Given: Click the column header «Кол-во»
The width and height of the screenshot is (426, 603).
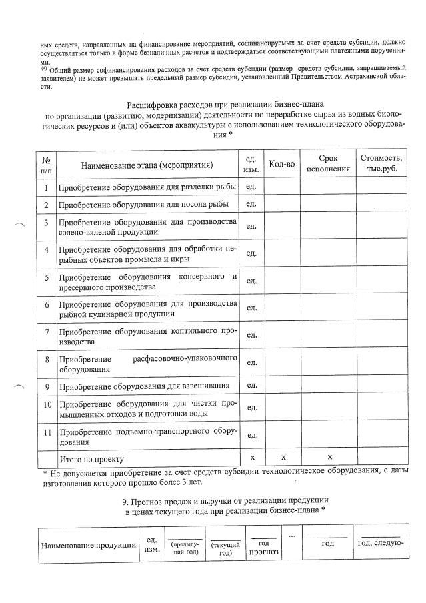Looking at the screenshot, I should (x=282, y=164).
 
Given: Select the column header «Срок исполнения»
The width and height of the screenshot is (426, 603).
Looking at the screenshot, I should (x=327, y=164).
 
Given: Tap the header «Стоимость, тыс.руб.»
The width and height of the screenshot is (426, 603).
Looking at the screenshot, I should (x=381, y=164).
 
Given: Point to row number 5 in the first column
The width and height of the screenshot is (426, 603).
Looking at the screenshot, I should (x=47, y=278).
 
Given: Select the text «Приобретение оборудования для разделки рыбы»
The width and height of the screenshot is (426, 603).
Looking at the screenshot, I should (x=144, y=187).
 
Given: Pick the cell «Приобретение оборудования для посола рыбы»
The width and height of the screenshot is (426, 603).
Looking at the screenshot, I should (x=144, y=204).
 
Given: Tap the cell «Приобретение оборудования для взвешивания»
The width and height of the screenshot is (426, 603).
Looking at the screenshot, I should (x=144, y=386).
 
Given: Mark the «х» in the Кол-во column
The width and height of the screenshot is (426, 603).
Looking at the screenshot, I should (x=283, y=458).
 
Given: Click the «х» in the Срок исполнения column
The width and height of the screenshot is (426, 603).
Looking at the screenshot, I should (x=329, y=458).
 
